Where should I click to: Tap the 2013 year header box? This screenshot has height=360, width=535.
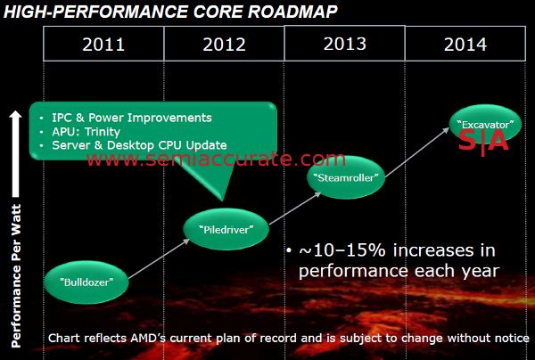pos(344,43)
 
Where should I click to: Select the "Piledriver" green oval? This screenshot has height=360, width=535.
pos(226,229)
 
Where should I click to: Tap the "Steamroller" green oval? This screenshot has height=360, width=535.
pos(349,177)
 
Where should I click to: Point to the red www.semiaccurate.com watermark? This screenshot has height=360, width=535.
pos(215,160)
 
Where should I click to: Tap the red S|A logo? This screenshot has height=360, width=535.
pos(482,141)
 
